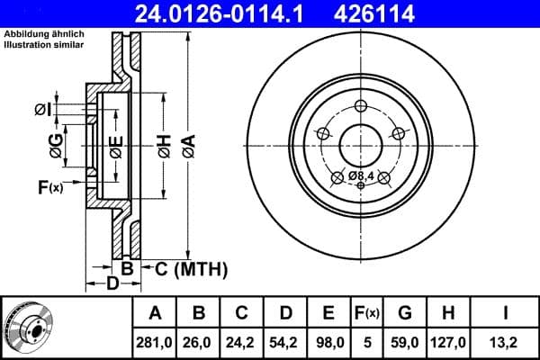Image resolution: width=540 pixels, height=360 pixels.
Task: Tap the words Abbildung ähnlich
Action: [x=42, y=34]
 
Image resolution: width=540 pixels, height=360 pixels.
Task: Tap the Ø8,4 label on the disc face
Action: [x=362, y=175]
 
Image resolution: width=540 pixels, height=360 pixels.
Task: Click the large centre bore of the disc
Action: [x=361, y=141]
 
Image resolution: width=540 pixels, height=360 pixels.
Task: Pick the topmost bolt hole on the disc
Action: [x=361, y=103]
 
